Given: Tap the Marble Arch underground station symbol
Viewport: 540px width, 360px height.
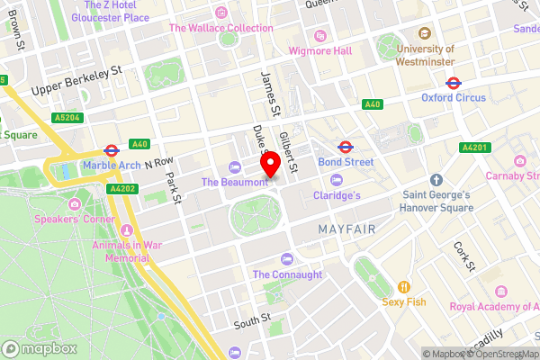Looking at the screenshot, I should (x=112, y=150).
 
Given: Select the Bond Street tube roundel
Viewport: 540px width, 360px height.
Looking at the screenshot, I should (x=344, y=146).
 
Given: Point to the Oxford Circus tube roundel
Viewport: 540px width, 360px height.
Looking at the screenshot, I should (x=453, y=82).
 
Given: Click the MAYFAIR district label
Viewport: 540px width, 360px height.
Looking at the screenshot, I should (x=346, y=230).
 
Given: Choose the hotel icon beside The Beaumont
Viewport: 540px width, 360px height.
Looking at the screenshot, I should (x=235, y=166).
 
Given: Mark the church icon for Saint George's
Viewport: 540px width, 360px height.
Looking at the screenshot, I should (x=435, y=180).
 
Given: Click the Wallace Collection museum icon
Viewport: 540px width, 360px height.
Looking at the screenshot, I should (x=221, y=13).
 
